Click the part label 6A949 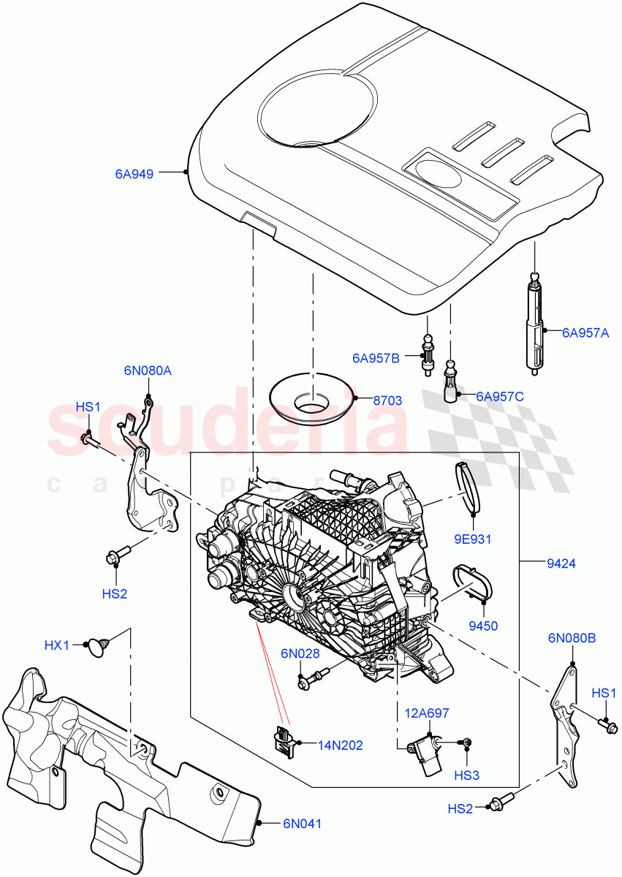[134, 174]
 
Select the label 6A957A [585, 333]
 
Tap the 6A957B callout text [376, 358]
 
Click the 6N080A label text [148, 371]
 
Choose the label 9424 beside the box [561, 563]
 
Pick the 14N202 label [339, 745]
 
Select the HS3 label [466, 774]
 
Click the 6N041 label [302, 823]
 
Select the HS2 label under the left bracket [115, 594]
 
